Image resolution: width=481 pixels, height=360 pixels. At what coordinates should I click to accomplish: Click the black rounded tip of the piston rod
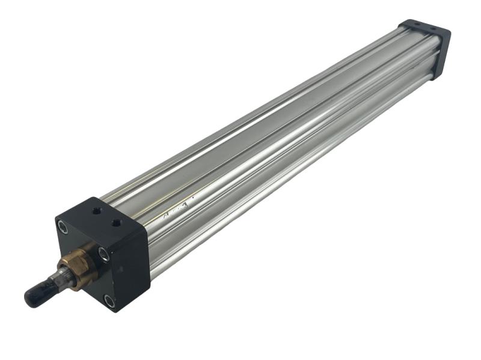click(35, 295)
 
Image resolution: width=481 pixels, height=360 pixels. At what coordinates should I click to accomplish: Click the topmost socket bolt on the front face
click(62, 226)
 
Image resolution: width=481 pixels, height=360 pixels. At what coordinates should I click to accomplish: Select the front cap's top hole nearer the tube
click(116, 222)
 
